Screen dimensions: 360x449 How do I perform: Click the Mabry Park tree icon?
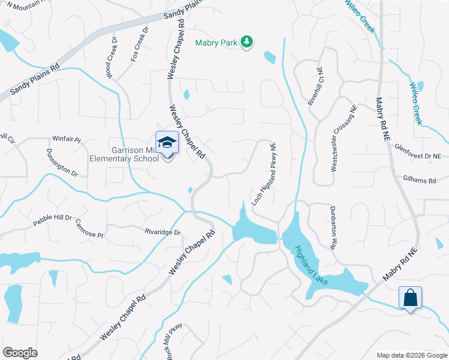tap(246, 41)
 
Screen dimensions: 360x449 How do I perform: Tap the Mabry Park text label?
tap(216, 43)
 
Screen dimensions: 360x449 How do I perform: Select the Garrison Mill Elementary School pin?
tap(167, 143)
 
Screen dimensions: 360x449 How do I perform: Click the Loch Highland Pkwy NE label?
tap(264, 173)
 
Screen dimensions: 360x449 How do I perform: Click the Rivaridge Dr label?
tap(162, 231)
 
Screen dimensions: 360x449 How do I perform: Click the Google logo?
tap(20, 353)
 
